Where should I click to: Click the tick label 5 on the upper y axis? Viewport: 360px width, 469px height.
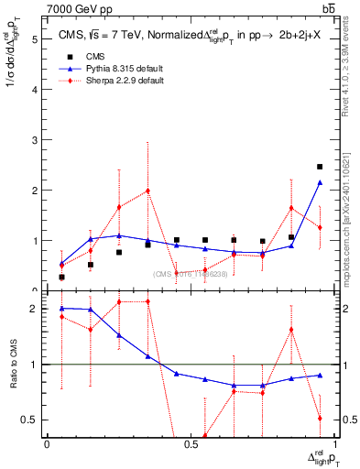click(x=34, y=40)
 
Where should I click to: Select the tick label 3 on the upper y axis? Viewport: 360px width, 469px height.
click(x=34, y=140)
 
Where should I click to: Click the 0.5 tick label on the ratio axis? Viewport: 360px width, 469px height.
click(x=30, y=420)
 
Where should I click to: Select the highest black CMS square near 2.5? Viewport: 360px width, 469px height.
click(x=320, y=167)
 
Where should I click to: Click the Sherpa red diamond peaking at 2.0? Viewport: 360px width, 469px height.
click(x=147, y=191)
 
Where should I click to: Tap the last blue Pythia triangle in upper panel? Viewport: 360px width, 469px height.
click(x=320, y=182)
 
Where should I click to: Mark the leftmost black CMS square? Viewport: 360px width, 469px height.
click(x=61, y=277)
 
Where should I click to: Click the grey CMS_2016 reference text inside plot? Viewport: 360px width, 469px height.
click(x=193, y=272)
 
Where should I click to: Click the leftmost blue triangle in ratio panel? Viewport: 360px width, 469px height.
click(x=61, y=308)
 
